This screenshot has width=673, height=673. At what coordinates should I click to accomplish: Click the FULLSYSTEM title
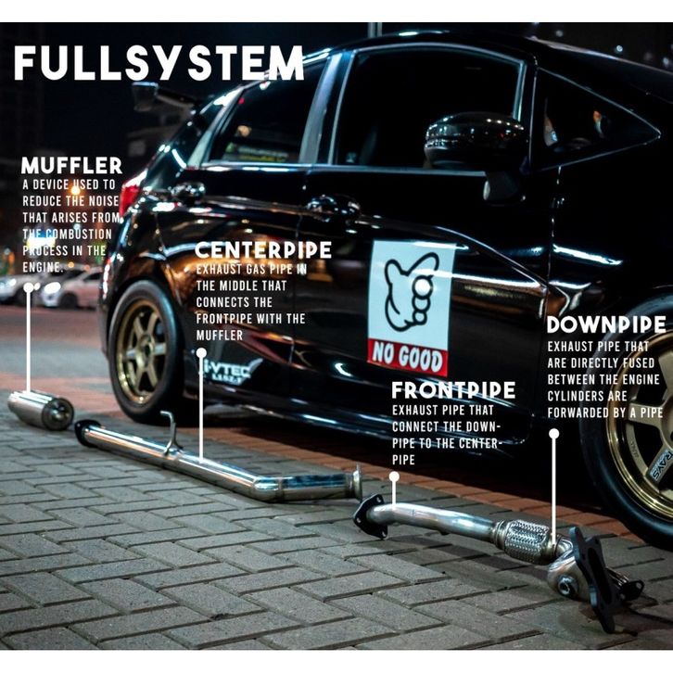click(x=159, y=63)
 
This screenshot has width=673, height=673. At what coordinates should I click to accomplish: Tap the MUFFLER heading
click(x=71, y=166)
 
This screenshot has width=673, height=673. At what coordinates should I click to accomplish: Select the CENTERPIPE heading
click(x=262, y=250)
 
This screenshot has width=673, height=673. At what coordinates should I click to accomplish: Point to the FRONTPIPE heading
click(x=452, y=389)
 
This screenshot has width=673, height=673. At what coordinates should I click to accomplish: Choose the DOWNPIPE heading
click(x=605, y=324)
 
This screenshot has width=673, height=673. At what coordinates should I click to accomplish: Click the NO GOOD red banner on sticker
click(x=408, y=355)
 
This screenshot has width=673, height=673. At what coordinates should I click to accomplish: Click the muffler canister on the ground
click(x=42, y=409)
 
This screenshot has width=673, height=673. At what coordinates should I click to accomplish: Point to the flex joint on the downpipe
click(x=526, y=540)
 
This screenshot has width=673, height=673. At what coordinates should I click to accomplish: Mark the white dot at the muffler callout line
click(x=29, y=288)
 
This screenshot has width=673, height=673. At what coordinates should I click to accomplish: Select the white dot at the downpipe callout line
click(x=553, y=432)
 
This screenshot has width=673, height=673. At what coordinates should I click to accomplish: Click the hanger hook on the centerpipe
click(x=170, y=432)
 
